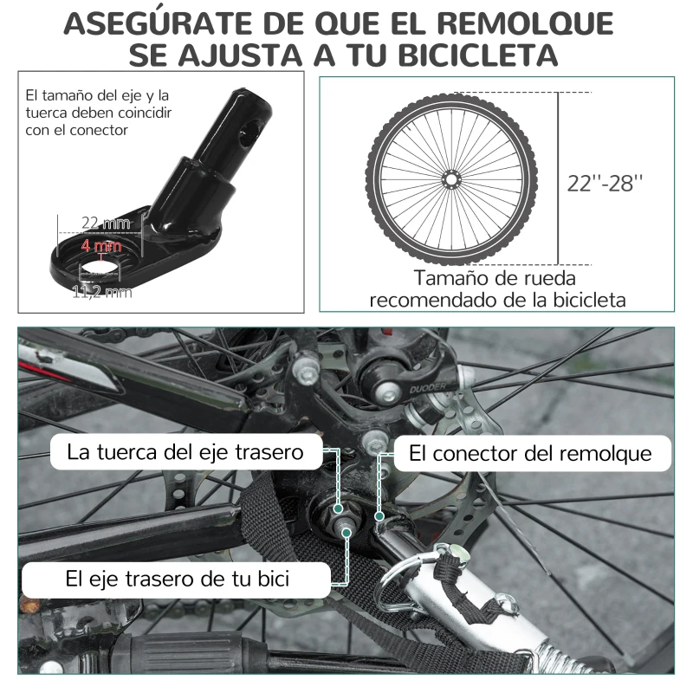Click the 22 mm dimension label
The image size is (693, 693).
tap(111, 223)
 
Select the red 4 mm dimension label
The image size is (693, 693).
tap(101, 247)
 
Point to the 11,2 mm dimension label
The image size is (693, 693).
tap(102, 292)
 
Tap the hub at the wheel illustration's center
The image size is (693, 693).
tap(450, 178)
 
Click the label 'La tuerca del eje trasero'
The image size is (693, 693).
tap(185, 451)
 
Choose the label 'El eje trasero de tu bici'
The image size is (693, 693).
tap(178, 579)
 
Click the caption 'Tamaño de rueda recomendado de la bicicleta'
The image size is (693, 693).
tap(496, 289)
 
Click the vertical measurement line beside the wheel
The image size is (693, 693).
tap(558, 178)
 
